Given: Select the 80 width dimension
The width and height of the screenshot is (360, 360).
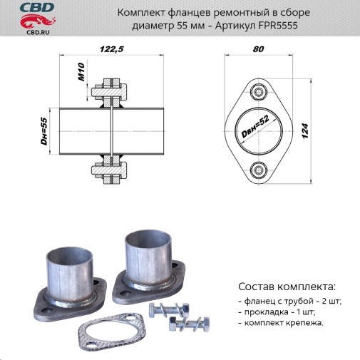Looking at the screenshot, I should (x=258, y=49).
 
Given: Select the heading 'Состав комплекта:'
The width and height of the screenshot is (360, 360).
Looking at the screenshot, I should (x=285, y=287).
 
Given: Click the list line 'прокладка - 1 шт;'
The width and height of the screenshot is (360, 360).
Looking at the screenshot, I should (x=277, y=312).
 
